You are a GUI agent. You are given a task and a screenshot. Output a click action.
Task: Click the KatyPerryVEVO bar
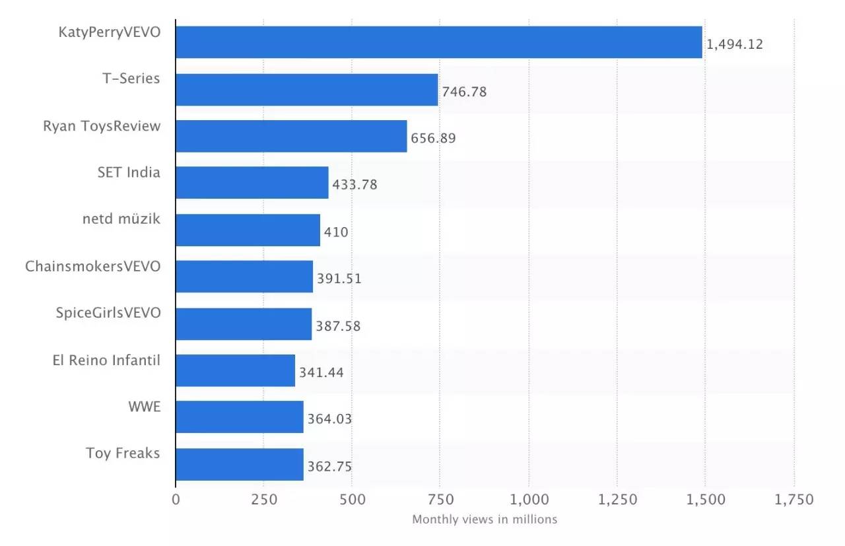pos(439,42)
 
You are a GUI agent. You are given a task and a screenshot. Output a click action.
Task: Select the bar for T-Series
pos(307,89)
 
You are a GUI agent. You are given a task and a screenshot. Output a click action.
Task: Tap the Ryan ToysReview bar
pos(291,136)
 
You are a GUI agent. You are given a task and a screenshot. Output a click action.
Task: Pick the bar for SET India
pos(252,183)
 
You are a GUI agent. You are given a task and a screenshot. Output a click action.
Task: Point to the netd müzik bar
pos(248,230)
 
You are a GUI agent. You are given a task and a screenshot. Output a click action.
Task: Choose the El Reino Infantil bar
pos(236,370)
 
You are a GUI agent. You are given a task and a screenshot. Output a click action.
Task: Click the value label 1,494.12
pos(734,44)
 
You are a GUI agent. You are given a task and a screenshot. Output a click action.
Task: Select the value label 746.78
pos(464,92)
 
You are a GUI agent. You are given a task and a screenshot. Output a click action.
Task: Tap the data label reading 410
pos(336,232)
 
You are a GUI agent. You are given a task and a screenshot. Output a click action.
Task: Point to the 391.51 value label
pos(339,279)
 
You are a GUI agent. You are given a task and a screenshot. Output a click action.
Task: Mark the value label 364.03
pos(329,419)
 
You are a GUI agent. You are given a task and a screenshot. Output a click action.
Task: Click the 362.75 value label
pos(329,467)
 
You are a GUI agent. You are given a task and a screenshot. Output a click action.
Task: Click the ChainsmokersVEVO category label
pos(92,266)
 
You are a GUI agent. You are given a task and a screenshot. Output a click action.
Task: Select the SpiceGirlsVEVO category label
pos(108,313)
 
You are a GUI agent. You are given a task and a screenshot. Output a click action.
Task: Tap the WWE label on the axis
pos(144,407)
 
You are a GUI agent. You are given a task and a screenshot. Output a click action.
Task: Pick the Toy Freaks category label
pos(123,454)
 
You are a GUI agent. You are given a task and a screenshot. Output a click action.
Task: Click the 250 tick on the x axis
pos(263,500)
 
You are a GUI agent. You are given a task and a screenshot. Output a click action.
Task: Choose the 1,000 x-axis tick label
pos(528,500)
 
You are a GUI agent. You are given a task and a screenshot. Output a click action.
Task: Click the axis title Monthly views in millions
pos(485,520)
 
